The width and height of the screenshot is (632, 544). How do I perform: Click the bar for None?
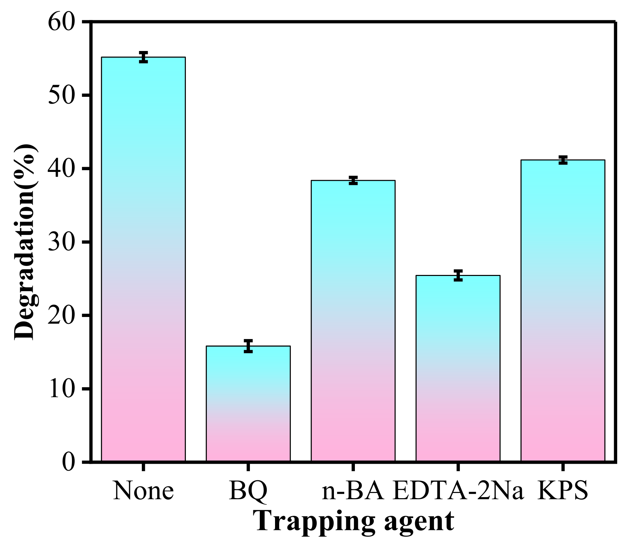point(143,258)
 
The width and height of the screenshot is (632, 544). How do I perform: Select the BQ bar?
point(248,403)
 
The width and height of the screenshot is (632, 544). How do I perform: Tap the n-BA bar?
point(353,320)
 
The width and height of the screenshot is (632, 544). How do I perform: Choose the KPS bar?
point(563,310)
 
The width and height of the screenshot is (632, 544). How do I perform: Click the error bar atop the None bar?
point(144,57)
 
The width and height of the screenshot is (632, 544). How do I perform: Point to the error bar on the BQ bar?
point(248,346)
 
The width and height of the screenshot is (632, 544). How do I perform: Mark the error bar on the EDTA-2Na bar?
point(458,275)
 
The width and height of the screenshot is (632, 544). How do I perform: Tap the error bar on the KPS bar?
point(563,160)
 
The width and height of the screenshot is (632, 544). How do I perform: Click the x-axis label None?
point(143,491)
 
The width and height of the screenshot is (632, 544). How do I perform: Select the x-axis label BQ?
point(248,491)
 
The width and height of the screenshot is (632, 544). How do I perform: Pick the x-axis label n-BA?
point(353,491)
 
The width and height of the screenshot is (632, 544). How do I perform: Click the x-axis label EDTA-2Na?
point(458,491)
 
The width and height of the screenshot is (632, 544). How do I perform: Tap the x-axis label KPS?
point(563,491)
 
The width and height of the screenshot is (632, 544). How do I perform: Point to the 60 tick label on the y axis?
point(61,22)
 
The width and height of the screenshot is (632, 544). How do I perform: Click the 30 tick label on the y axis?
point(61,242)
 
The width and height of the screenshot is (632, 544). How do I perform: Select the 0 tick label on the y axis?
point(69,462)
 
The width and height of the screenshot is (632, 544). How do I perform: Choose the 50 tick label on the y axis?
point(61,95)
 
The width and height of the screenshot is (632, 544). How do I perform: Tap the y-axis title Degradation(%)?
point(25,242)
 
